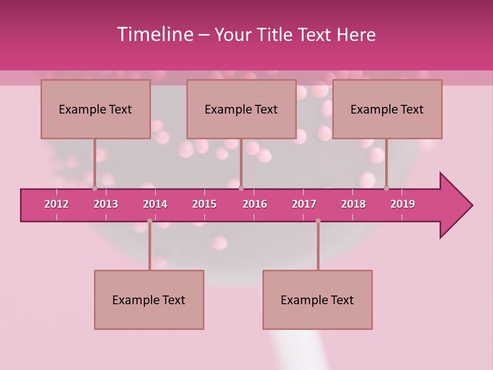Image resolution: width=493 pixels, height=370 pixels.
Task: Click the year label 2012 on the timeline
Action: tap(56, 204)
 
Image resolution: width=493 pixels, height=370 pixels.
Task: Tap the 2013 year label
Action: tap(106, 204)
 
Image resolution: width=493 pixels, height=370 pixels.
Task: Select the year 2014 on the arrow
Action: tap(155, 204)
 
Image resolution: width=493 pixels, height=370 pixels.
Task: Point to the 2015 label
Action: tap(204, 204)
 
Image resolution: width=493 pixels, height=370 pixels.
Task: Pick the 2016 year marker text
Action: tap(255, 204)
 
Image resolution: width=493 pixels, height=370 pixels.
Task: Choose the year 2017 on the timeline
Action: tap(304, 204)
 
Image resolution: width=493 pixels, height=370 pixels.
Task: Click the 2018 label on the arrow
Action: tap(353, 204)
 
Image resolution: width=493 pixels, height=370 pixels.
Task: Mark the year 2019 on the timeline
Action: tap(403, 204)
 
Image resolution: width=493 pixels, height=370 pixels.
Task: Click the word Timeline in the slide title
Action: tap(154, 34)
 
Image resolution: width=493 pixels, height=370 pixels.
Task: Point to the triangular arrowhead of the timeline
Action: tap(455, 206)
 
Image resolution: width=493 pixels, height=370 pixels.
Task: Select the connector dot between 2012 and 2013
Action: tap(94, 188)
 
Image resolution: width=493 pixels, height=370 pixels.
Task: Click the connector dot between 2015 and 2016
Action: tap(241, 188)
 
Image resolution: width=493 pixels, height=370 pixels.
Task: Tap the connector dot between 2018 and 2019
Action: tap(387, 188)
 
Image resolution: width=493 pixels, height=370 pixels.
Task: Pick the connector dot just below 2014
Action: tap(149, 221)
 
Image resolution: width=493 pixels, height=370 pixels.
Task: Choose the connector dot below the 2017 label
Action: tap(318, 221)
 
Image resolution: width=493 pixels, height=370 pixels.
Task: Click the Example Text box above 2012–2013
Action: tap(96, 109)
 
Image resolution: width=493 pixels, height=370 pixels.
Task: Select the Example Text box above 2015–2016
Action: tap(241, 109)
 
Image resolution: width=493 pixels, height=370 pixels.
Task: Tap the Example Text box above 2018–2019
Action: tap(387, 109)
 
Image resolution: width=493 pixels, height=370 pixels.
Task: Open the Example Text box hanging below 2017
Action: tap(317, 300)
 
